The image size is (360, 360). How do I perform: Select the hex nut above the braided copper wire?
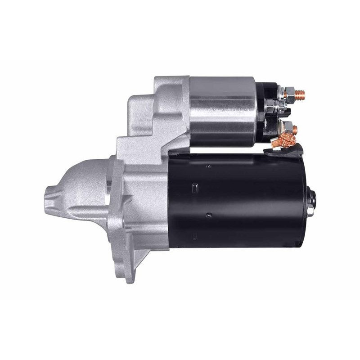click(x=287, y=127)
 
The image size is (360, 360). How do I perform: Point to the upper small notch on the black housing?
click(x=208, y=166)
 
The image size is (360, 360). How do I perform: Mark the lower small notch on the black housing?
click(x=208, y=216)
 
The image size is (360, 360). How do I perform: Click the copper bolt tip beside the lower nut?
click(x=295, y=130)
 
